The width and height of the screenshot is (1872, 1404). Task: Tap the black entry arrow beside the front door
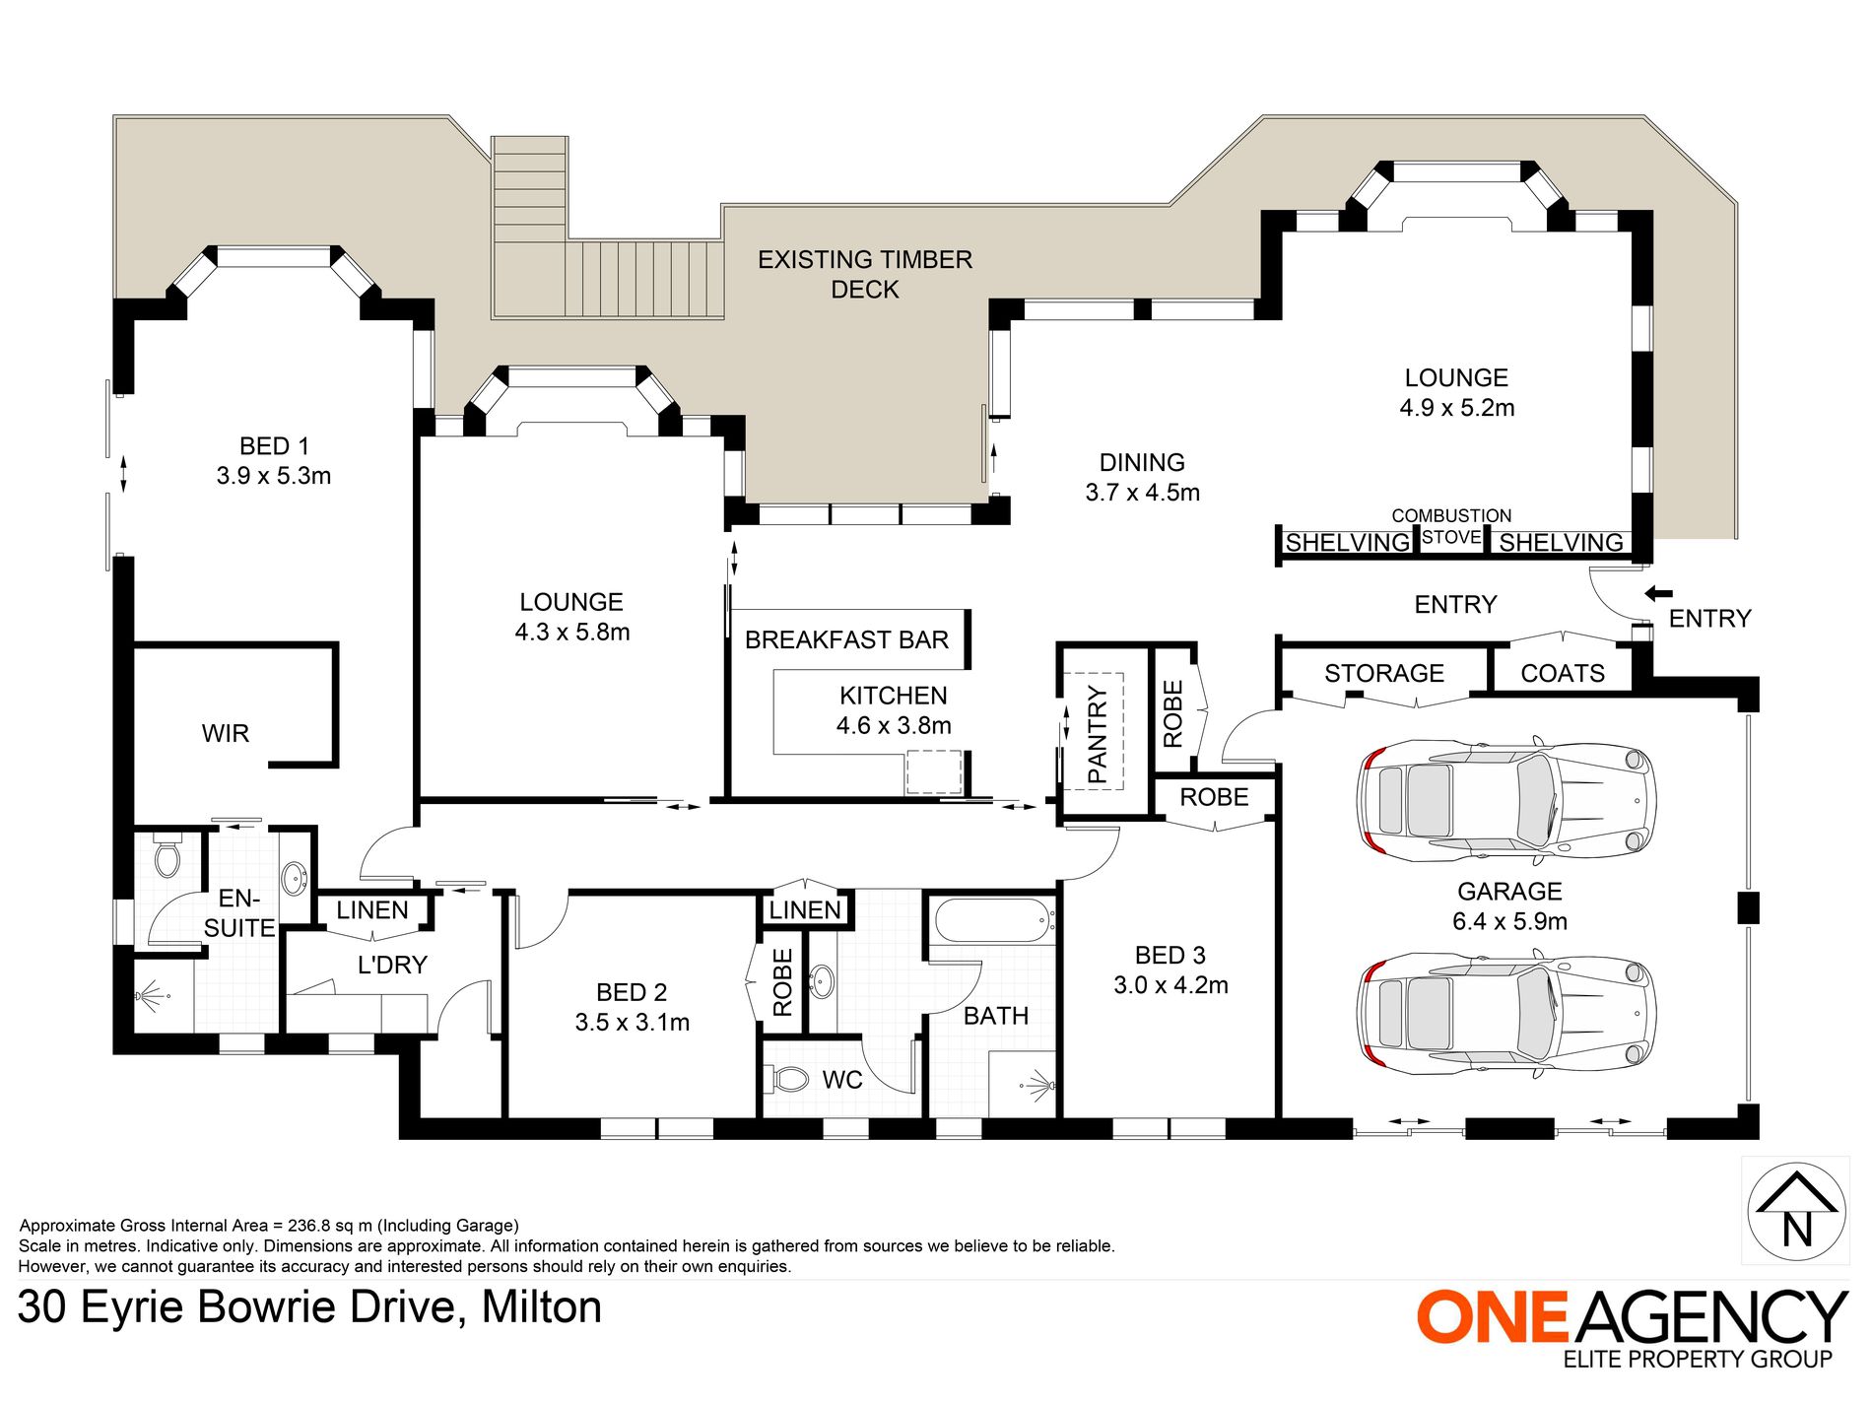[1658, 593]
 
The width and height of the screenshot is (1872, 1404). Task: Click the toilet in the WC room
[788, 1079]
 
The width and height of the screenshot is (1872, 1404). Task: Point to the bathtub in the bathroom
[992, 921]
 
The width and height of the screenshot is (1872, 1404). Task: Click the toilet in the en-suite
[168, 854]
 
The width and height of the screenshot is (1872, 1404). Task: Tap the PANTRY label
[1098, 735]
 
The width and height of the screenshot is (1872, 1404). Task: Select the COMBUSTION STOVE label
[1451, 526]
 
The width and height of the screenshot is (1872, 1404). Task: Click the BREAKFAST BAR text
[846, 639]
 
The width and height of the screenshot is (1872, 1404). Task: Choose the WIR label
[226, 733]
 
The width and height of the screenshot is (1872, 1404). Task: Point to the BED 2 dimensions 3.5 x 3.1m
[633, 1023]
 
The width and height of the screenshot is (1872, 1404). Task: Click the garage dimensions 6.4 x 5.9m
[1509, 921]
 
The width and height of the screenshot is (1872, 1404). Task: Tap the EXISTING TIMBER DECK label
[865, 274]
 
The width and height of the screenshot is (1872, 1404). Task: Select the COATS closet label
[1563, 673]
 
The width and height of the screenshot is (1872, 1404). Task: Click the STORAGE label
[1384, 673]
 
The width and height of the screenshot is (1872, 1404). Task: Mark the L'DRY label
[392, 965]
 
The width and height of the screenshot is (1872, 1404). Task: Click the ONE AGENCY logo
[1632, 1327]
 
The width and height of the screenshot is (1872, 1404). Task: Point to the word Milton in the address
[542, 1307]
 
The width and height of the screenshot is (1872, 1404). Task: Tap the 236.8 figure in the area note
[310, 1226]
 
